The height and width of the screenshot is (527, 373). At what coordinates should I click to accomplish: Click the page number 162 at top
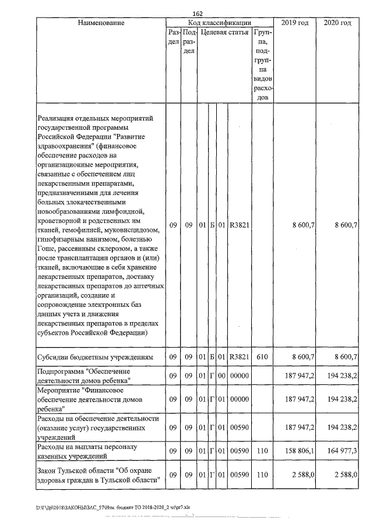[x=196, y=13]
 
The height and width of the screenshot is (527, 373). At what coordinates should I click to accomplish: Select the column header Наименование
[x=100, y=23]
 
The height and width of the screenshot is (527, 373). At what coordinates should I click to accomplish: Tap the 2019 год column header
[x=295, y=23]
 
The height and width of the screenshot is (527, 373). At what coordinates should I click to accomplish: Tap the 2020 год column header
[x=337, y=23]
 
